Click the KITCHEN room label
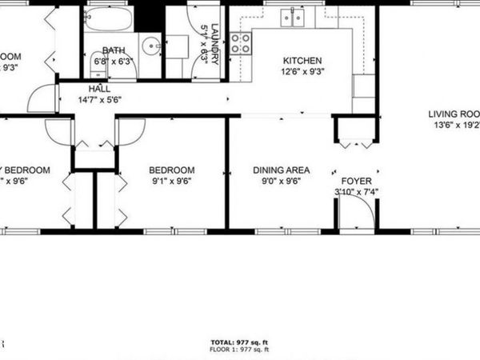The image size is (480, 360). [302, 61]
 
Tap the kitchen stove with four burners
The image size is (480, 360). [240, 42]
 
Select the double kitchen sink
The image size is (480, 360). [291, 18]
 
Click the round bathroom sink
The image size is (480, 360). [150, 46]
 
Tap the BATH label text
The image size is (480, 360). [111, 50]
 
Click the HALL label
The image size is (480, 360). [99, 90]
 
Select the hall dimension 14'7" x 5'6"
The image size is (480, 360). [99, 101]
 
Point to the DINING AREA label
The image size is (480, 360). [281, 170]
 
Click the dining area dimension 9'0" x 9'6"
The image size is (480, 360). [281, 182]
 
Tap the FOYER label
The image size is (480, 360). [356, 182]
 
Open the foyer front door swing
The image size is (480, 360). [356, 212]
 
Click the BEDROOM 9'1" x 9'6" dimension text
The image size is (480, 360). [172, 182]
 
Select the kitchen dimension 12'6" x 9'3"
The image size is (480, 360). [302, 72]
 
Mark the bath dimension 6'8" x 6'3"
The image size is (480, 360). [111, 61]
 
